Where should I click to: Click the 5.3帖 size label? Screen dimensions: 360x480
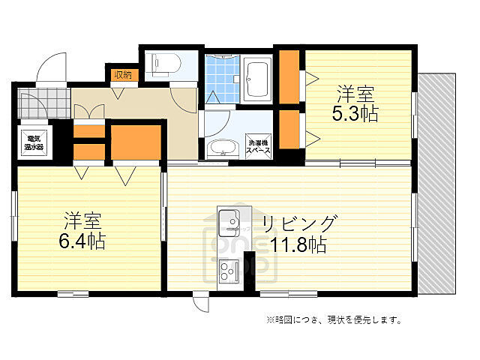point(355,114)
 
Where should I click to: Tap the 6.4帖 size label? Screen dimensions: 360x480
point(82,241)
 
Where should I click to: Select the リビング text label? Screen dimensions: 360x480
point(298,223)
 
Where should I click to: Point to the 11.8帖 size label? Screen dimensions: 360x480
point(298,244)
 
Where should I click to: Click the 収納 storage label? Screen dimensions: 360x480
point(122,74)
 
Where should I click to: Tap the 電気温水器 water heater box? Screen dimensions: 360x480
point(34,142)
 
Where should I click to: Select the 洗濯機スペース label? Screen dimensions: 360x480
point(259,147)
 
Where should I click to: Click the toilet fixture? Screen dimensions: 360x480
point(162,65)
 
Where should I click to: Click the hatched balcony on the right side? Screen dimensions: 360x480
point(439,184)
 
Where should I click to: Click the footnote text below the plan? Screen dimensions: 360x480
point(334,320)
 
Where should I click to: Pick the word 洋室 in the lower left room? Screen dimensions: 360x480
point(82,221)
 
